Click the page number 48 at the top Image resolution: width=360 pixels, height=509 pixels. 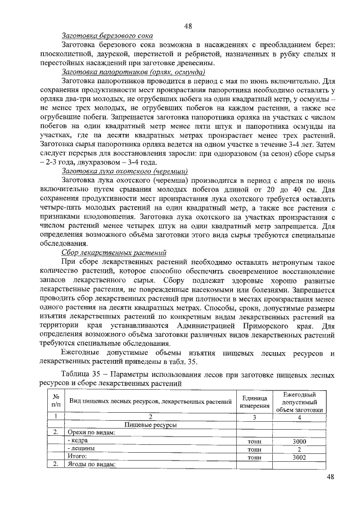188,25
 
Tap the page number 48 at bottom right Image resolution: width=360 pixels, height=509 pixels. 331,478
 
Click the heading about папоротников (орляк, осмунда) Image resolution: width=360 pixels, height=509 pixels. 133,72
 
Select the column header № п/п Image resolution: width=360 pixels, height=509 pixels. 56,401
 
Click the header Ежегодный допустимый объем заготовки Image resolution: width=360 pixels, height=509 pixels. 299,402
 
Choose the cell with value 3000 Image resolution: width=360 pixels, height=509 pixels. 299,442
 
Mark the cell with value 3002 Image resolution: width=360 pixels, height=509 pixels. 299,457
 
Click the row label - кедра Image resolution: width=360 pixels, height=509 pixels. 79,442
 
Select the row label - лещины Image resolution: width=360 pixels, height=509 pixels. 82,449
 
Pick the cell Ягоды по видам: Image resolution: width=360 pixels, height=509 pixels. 91,465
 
